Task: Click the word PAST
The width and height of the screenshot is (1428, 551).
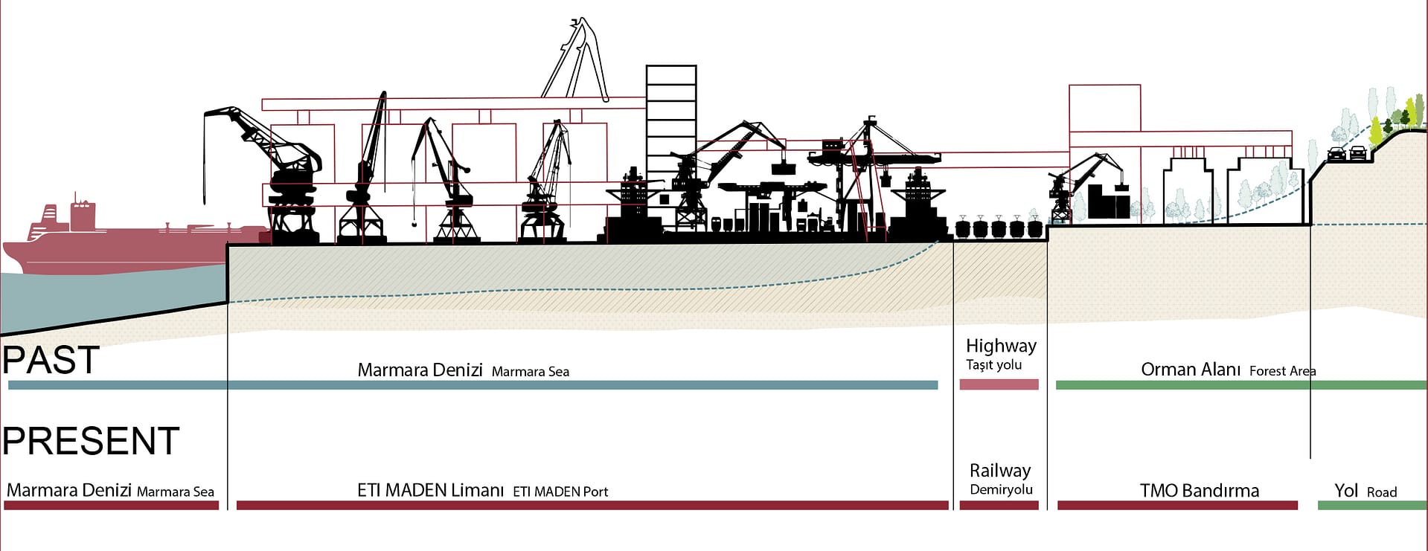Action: [x=51, y=360]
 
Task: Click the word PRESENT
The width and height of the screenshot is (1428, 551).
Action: [x=91, y=441]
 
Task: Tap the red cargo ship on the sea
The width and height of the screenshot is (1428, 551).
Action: [x=112, y=242]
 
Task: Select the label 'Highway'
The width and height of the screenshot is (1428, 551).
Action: [x=1000, y=346]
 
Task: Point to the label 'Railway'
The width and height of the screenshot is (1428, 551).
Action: [x=1000, y=471]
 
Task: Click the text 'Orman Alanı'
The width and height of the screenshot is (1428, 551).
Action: [x=1191, y=370]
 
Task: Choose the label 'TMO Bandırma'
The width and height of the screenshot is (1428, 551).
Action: [x=1199, y=491]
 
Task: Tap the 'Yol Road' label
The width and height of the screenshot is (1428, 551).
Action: [x=1365, y=491]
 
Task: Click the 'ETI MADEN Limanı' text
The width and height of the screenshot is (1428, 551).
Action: [x=430, y=491]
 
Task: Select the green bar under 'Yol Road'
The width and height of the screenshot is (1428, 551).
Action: [x=1371, y=506]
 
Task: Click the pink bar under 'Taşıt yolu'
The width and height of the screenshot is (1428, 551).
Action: [x=999, y=384]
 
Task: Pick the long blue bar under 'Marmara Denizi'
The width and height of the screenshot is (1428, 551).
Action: [x=473, y=385]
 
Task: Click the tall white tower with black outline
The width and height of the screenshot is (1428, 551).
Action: [x=670, y=119]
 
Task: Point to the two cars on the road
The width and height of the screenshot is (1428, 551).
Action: [x=1347, y=155]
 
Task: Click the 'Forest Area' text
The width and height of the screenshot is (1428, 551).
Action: [x=1282, y=371]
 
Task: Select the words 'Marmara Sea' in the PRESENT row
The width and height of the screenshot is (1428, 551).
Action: [x=176, y=492]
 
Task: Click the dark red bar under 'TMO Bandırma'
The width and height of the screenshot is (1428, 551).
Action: [x=1176, y=506]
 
